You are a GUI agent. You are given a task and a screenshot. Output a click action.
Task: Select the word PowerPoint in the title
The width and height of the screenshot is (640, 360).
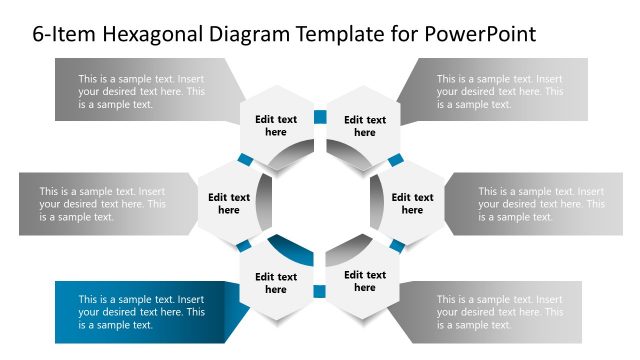[480, 34]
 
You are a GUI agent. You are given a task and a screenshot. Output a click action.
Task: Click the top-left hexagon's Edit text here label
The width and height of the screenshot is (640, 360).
[276, 126]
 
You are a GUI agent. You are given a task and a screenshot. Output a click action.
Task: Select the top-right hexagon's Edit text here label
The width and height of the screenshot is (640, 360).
[365, 126]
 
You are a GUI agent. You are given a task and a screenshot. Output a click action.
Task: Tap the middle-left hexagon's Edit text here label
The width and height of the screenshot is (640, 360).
[229, 204]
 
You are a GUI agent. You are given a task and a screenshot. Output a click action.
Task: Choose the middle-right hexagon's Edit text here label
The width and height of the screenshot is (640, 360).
[412, 204]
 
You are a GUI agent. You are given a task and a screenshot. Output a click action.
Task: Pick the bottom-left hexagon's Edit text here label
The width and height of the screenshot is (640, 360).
[276, 283]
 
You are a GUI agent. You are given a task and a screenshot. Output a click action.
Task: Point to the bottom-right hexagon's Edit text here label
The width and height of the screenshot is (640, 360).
[365, 281]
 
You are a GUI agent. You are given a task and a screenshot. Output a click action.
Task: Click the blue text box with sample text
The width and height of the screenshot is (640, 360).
[140, 311]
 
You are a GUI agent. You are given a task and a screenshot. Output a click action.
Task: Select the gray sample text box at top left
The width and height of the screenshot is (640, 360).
[140, 90]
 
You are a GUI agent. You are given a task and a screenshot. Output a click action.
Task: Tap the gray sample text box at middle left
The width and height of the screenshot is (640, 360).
[100, 204]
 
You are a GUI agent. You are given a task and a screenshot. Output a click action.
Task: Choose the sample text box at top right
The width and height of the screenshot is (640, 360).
[500, 90]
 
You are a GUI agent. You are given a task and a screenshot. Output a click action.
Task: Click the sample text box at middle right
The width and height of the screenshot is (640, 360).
[540, 204]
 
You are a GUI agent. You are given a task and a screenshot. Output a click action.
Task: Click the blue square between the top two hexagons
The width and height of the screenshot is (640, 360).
[320, 117]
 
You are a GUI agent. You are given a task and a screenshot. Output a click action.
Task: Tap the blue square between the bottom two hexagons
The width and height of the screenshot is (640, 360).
[320, 292]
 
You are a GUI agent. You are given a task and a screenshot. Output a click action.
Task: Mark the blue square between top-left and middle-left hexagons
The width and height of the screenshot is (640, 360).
[244, 160]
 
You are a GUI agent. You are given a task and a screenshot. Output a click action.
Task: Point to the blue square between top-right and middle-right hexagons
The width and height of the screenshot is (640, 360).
[396, 160]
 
